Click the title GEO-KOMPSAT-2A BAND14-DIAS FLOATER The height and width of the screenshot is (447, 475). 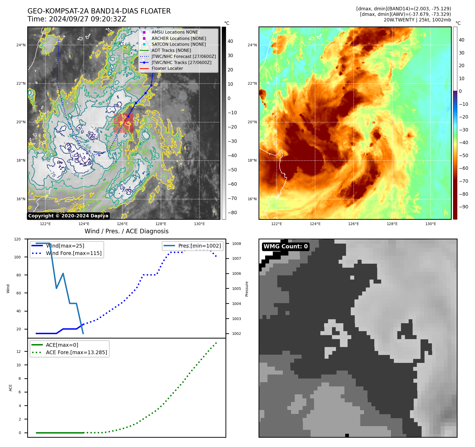tap(99, 11)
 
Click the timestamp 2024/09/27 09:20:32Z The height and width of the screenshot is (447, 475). tap(87, 19)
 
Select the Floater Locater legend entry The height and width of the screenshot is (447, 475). tap(167, 69)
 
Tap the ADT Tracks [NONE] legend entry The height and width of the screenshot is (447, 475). tap(171, 50)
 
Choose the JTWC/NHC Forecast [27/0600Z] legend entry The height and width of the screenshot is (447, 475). tap(183, 56)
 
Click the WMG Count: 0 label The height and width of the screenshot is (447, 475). tap(285, 247)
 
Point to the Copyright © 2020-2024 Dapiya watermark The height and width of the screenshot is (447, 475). tap(68, 216)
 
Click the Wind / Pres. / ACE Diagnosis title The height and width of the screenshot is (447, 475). tap(126, 231)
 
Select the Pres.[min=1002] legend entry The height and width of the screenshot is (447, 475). tap(199, 246)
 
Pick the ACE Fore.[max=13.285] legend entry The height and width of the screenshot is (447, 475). tap(76, 352)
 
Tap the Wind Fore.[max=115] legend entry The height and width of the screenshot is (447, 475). tap(73, 253)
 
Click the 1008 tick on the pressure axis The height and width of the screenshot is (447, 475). tap(236, 244)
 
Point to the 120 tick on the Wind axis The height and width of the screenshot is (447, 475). tap(17, 239)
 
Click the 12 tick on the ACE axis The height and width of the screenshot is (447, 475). tap(19, 352)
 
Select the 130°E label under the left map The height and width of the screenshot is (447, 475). tap(199, 224)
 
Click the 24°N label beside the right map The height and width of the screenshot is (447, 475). tap(252, 45)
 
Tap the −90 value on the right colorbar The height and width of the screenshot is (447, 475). tap(463, 207)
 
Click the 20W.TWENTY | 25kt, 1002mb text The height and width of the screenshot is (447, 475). tap(417, 20)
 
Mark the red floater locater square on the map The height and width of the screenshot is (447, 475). tap(123, 123)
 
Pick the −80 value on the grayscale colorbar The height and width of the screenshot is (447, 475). tap(232, 213)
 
